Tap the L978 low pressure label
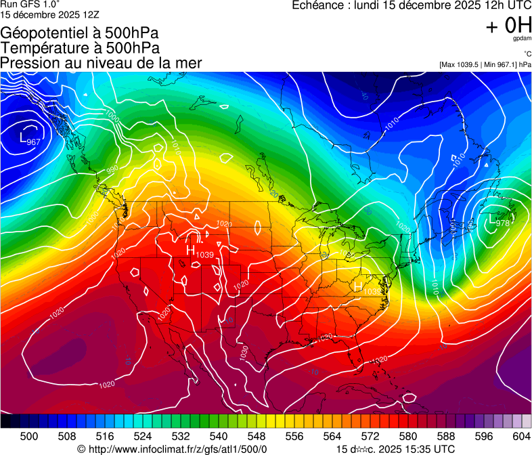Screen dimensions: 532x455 click(499, 222)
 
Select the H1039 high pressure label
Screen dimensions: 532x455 click(200, 252)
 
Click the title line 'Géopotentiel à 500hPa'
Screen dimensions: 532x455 click(79, 33)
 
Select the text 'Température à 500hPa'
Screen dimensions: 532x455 click(80, 48)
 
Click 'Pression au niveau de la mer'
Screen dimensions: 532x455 click(101, 63)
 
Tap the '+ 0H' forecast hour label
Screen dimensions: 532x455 click(508, 25)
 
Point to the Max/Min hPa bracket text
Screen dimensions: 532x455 click(485, 64)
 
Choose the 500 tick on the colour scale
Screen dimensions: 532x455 click(29, 437)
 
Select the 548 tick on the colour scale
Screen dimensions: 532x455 click(257, 437)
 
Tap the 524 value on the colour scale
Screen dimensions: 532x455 click(143, 437)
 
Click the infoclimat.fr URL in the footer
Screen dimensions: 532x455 click(173, 449)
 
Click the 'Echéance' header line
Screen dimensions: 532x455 click(412, 5)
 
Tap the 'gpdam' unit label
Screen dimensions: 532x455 click(522, 39)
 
